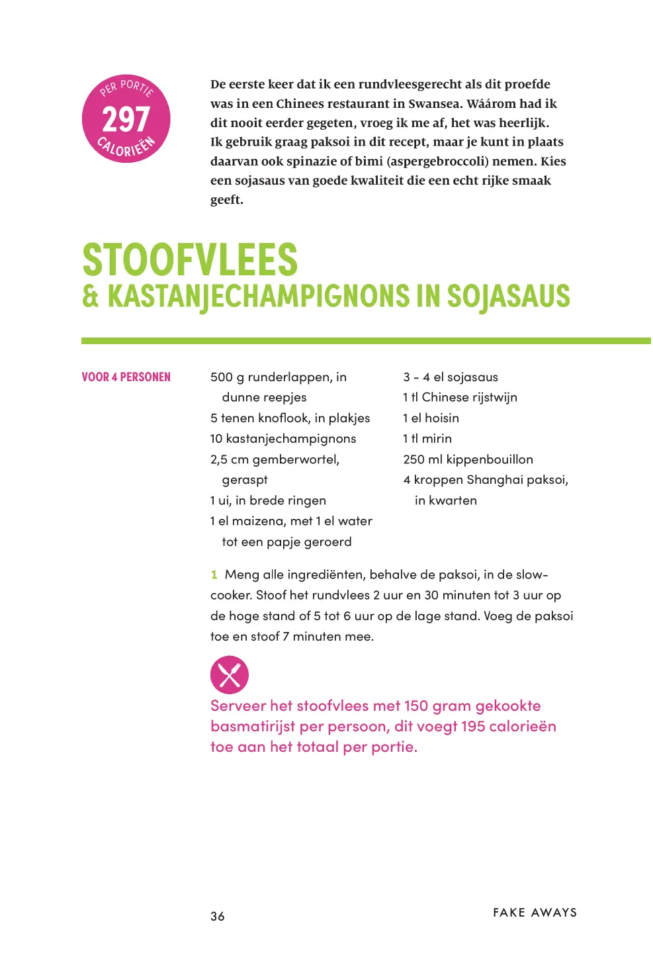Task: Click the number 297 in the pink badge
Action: (x=126, y=120)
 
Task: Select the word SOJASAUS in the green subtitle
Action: (x=508, y=296)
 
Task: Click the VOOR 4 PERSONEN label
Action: (x=126, y=377)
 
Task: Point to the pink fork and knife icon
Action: (x=229, y=674)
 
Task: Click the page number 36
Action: (x=218, y=916)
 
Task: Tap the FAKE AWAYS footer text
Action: (x=535, y=913)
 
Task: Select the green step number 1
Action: (x=214, y=574)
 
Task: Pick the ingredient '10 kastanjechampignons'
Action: (x=283, y=439)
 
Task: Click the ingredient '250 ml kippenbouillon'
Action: (x=468, y=459)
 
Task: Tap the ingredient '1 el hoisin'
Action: (x=431, y=418)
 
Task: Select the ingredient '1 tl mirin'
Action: (x=427, y=439)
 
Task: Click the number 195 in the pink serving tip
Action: (x=473, y=727)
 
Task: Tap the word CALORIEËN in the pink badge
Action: (x=126, y=147)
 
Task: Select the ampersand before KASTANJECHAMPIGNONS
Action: (x=91, y=296)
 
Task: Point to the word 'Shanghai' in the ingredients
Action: (x=494, y=480)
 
